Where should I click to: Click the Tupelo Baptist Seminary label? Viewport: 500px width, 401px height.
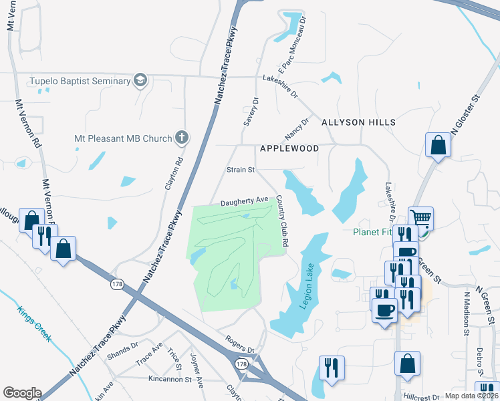[79, 82]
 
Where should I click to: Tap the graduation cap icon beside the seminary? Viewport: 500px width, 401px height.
[140, 81]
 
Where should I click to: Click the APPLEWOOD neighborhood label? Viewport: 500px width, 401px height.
[289, 148]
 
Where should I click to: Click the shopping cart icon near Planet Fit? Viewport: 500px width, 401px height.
[420, 218]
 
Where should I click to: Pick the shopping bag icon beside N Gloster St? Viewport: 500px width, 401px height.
[438, 145]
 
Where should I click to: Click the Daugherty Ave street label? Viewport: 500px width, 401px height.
[245, 200]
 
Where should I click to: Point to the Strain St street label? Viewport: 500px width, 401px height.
[241, 170]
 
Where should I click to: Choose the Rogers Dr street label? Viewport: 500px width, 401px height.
[241, 345]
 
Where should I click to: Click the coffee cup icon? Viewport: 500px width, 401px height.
[384, 310]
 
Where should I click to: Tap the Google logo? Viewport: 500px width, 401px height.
[22, 392]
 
